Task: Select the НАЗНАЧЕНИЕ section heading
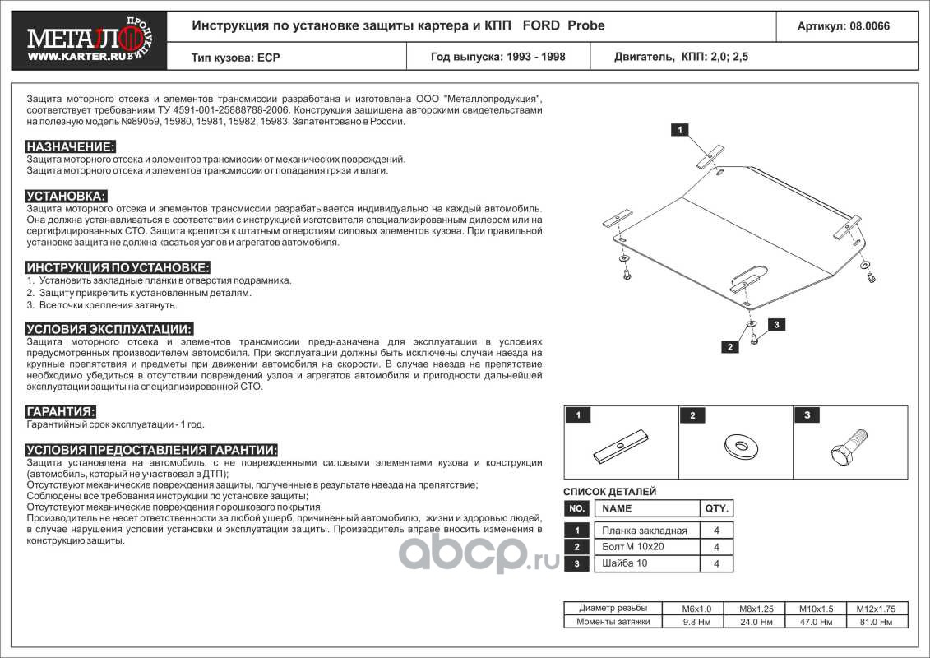(x=71, y=146)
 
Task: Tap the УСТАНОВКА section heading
(x=67, y=196)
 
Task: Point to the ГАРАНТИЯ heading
(x=61, y=411)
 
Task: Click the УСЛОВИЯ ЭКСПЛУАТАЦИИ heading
(x=109, y=328)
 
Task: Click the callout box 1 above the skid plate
(x=682, y=129)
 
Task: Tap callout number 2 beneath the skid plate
(x=729, y=346)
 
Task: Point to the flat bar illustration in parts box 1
(x=622, y=447)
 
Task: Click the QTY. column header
(x=716, y=508)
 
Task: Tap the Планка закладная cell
(x=645, y=531)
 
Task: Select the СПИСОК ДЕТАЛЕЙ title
(x=609, y=492)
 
